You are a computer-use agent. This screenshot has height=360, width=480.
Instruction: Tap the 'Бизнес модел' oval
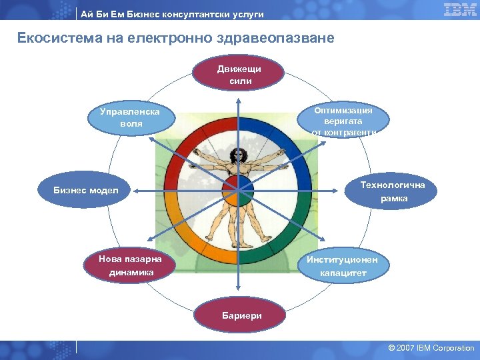click(x=85, y=191)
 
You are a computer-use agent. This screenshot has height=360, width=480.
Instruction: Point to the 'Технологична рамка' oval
click(x=393, y=192)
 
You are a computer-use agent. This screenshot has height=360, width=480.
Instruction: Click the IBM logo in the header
click(x=459, y=9)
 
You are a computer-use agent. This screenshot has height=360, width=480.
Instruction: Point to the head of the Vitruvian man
click(x=235, y=154)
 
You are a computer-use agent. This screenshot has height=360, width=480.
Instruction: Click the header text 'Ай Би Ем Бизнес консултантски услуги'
click(x=172, y=14)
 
